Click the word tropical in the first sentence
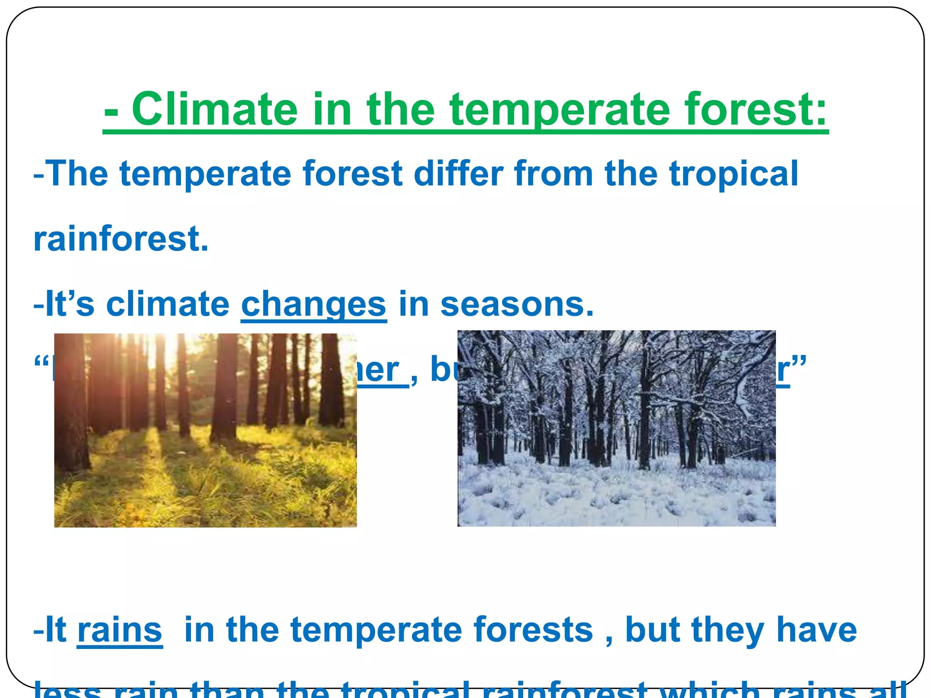[733, 174]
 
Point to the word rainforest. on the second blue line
[121, 239]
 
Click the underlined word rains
[120, 630]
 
